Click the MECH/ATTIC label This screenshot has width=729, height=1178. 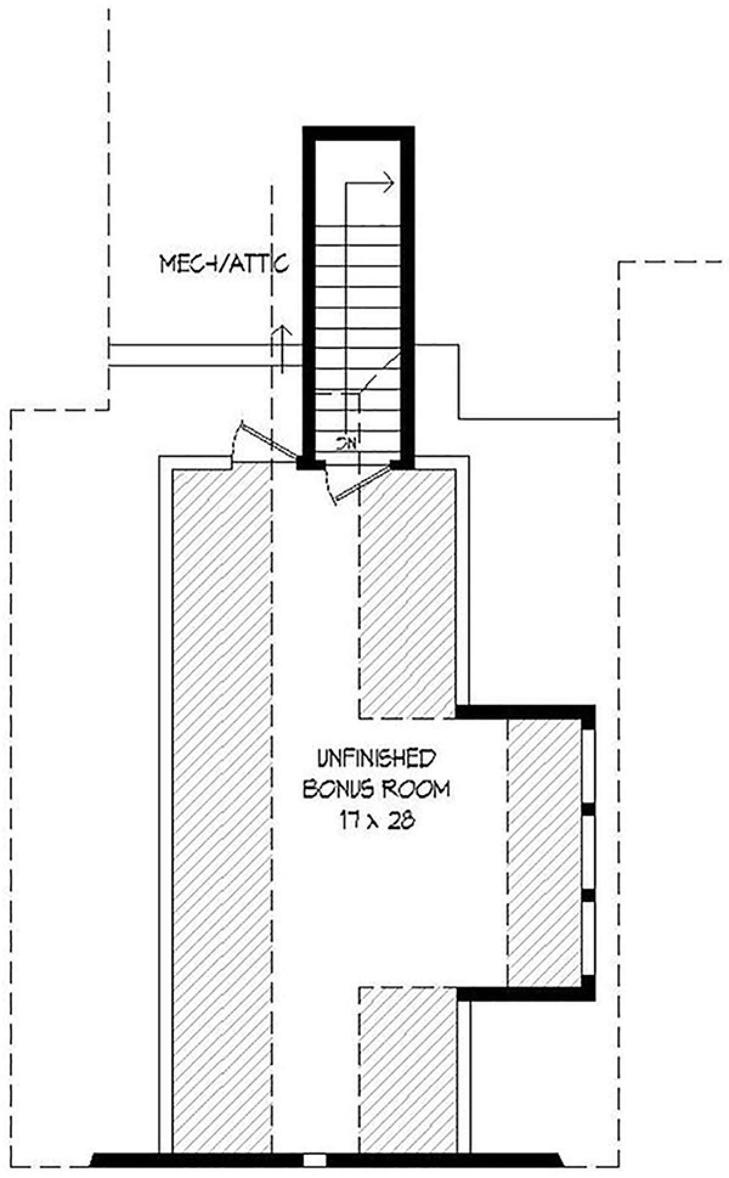tap(223, 264)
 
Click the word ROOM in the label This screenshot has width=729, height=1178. tap(416, 789)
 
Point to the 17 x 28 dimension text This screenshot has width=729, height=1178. tap(377, 821)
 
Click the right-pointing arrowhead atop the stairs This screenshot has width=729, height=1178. tap(389, 181)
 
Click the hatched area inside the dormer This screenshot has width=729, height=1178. tap(543, 851)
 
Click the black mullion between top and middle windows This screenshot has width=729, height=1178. tap(588, 808)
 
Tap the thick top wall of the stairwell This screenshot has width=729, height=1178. tap(358, 133)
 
